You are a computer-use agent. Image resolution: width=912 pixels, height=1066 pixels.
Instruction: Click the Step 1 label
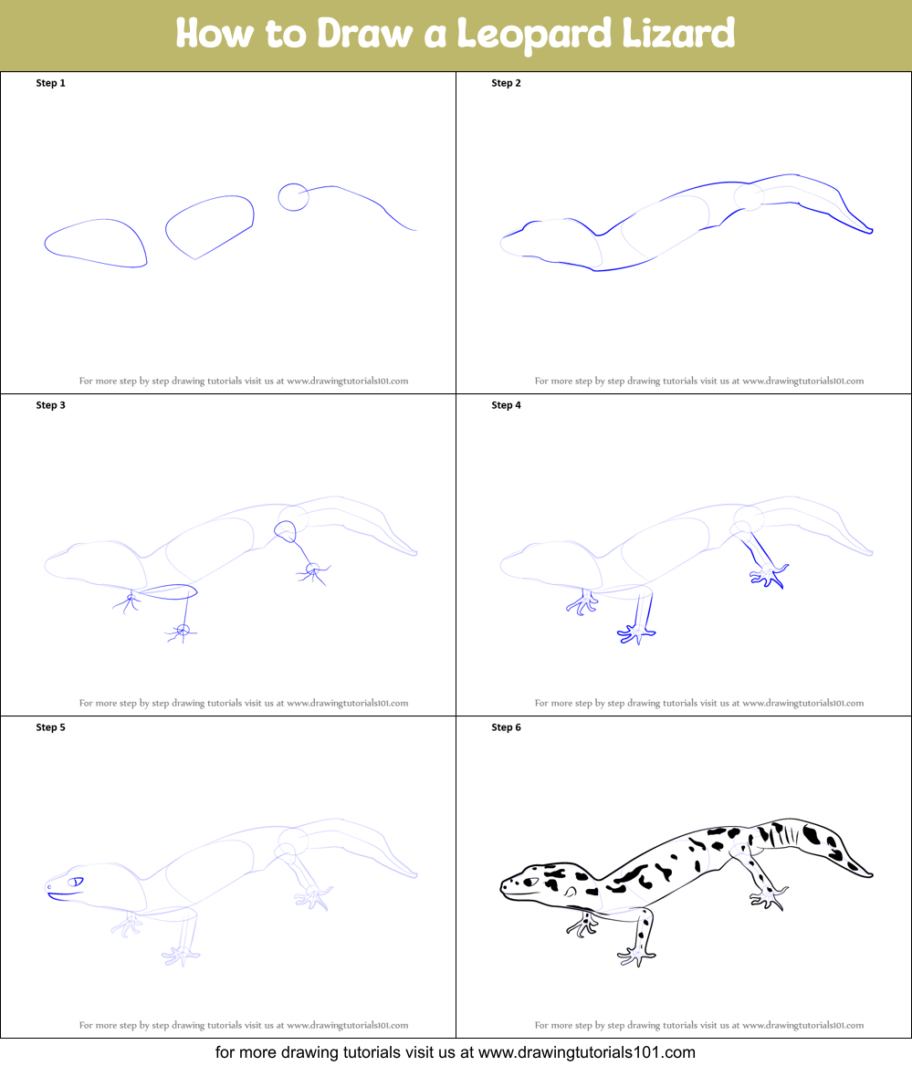tap(50, 83)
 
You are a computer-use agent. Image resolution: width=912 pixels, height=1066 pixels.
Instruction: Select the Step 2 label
tap(506, 83)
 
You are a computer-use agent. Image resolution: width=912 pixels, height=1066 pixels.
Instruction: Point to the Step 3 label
tap(50, 405)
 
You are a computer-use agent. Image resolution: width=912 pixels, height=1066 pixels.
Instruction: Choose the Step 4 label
tap(506, 405)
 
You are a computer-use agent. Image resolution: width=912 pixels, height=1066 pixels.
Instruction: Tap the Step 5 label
tap(50, 727)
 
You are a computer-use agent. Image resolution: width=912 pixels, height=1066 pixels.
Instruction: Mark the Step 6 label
tap(506, 727)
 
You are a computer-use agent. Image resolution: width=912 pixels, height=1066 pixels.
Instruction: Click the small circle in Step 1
tap(293, 197)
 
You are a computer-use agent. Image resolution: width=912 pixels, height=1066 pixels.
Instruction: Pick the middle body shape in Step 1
tap(210, 225)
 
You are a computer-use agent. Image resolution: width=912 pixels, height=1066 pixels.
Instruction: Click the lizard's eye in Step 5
tap(76, 882)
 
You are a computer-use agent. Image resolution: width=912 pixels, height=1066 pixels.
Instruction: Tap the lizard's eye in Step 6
tap(529, 882)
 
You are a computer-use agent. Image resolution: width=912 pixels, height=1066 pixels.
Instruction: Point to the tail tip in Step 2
tap(870, 231)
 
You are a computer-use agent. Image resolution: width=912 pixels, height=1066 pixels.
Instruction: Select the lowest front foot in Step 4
tap(636, 632)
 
